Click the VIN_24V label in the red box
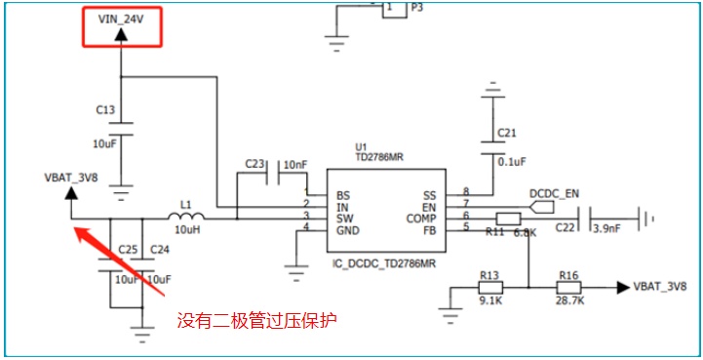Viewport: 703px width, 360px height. pyautogui.click(x=121, y=20)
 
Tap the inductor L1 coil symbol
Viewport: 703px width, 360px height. pyautogui.click(x=186, y=217)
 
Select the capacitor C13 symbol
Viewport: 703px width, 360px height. pyautogui.click(x=121, y=129)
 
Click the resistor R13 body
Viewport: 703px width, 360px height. pyautogui.click(x=490, y=287)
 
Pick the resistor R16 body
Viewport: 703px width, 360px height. pyautogui.click(x=569, y=287)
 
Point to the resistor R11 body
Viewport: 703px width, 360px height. pyautogui.click(x=508, y=220)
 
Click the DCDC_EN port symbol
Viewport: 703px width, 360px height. pyautogui.click(x=541, y=208)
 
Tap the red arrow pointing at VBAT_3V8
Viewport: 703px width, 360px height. pyautogui.click(x=119, y=260)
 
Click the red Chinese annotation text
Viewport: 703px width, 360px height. pyautogui.click(x=256, y=321)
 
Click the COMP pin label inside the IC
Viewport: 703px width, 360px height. pyautogui.click(x=421, y=220)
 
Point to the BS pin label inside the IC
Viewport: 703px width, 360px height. pyautogui.click(x=343, y=196)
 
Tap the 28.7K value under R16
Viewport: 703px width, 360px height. pyautogui.click(x=569, y=300)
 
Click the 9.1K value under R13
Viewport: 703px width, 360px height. pyautogui.click(x=489, y=300)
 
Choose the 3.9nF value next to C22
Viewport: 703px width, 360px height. pyautogui.click(x=607, y=228)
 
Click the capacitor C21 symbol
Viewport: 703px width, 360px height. pyautogui.click(x=492, y=148)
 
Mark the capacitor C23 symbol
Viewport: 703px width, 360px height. pyautogui.click(x=272, y=172)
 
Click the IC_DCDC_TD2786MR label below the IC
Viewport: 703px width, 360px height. pyautogui.click(x=384, y=263)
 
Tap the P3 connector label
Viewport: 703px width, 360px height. pyautogui.click(x=417, y=8)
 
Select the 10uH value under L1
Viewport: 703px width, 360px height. pyautogui.click(x=186, y=229)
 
